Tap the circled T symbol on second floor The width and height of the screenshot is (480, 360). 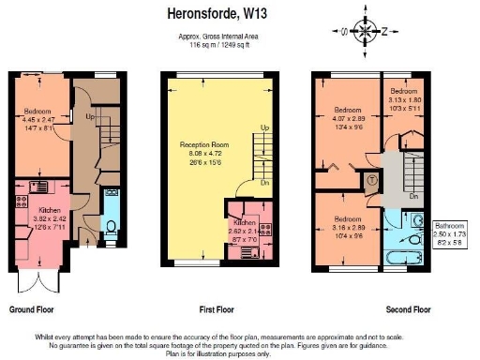pos(372,179)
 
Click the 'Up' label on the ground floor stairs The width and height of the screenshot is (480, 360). pos(91,118)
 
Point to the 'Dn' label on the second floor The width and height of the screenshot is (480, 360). pos(413,198)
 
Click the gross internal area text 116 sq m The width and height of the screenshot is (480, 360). pos(219,45)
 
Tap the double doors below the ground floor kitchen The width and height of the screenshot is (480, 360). pos(38,279)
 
